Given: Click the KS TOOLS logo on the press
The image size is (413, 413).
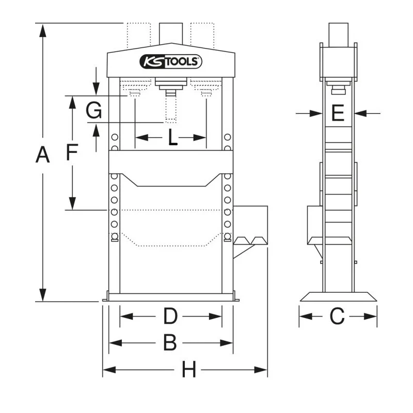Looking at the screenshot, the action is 171,61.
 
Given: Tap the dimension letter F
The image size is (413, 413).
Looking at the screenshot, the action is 72,152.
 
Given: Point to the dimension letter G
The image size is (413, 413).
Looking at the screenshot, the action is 94,110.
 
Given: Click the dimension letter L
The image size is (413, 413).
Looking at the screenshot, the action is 172,137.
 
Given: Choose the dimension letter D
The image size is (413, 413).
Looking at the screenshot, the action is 170,316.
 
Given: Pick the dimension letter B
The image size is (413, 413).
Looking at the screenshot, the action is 170,342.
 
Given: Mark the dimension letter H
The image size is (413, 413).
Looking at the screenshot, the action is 189,369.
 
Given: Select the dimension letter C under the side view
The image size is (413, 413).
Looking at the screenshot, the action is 337,316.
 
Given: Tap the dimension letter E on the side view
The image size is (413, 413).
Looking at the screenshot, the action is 338,113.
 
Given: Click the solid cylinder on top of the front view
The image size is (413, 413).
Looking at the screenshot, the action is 171,34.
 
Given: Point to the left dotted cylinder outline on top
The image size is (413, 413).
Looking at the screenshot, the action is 139,35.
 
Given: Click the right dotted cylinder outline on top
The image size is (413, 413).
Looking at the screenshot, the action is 202,35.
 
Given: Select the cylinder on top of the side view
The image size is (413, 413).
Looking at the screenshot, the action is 339,35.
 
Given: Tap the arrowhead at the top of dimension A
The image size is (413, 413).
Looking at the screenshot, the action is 43,30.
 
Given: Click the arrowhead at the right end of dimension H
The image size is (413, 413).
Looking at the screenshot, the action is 261,370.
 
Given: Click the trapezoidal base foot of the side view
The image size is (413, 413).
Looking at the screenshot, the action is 339,296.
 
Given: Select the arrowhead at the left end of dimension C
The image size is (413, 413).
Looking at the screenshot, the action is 306,316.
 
